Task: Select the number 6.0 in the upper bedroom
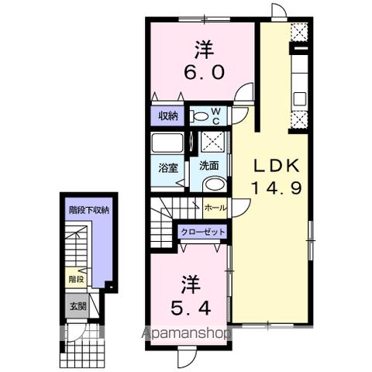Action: coord(205,72)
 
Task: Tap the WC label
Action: coord(216,116)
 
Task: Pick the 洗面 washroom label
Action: coord(208,165)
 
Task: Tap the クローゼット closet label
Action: coord(203,232)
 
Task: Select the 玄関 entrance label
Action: coord(76,304)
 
